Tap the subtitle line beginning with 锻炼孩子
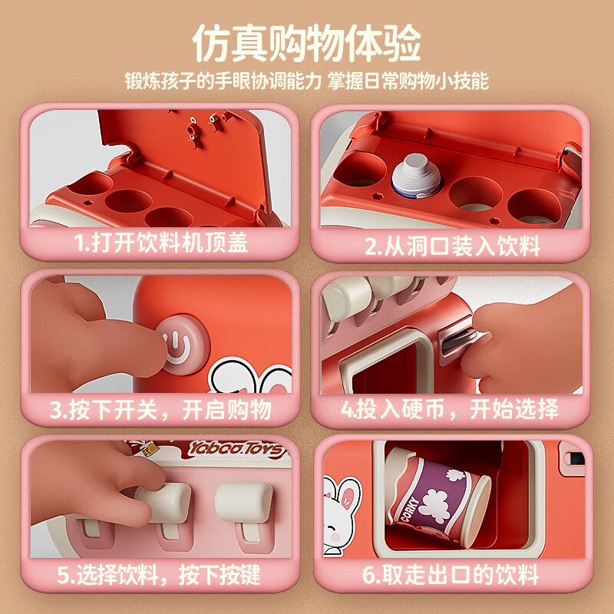coord(306,81)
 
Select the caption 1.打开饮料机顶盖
coord(161,244)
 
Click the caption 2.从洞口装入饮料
coord(452,246)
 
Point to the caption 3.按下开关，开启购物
coord(161,409)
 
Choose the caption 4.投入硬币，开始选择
coord(450,409)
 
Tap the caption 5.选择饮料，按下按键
coord(161,574)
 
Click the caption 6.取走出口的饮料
coord(452,574)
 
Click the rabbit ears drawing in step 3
coord(242,376)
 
